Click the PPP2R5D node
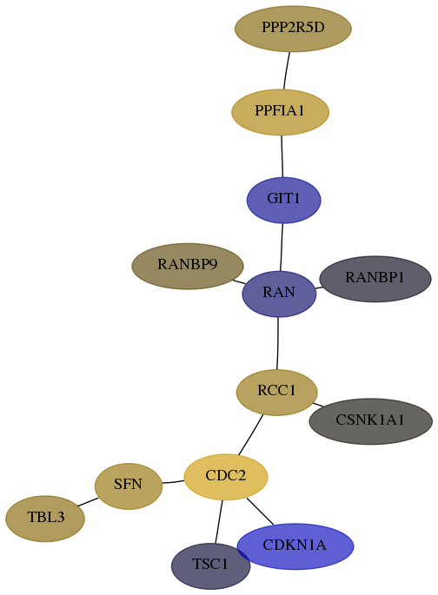point(293,29)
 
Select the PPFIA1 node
point(280,112)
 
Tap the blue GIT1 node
point(283,200)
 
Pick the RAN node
point(279,294)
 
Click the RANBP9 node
point(188,266)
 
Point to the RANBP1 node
point(375,279)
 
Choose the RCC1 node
point(276,392)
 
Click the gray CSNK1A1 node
point(370,421)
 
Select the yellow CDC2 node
point(226,477)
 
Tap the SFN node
point(129,486)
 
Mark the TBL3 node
point(45,519)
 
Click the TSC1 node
point(210,565)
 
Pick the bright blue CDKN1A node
point(295,546)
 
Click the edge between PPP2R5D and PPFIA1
point(287,70)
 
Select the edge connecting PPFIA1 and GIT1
point(282,156)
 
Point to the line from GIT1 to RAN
point(282,248)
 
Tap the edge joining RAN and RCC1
point(278,343)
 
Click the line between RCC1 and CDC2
point(250,435)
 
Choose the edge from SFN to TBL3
point(88,502)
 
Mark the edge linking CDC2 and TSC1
point(219,522)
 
